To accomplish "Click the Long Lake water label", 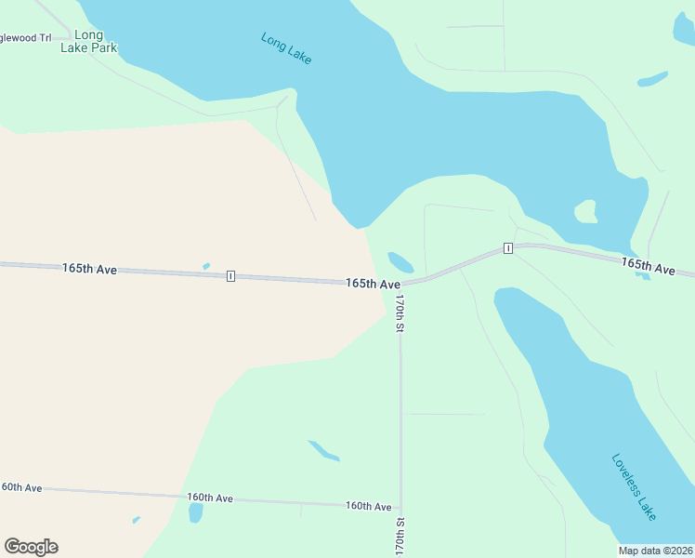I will pyautogui.click(x=286, y=49).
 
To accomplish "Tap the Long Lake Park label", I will pyautogui.click(x=88, y=42).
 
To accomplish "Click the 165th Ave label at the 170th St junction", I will pyautogui.click(x=373, y=283).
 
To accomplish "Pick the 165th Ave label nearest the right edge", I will pyautogui.click(x=648, y=267).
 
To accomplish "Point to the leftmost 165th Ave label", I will pyautogui.click(x=89, y=269).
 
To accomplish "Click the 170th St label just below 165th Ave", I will pyautogui.click(x=400, y=314).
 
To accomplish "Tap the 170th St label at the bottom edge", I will pyautogui.click(x=400, y=537).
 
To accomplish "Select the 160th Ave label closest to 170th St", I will pyautogui.click(x=368, y=506).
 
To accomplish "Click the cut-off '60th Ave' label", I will pyautogui.click(x=21, y=487).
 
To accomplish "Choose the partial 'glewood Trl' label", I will pyautogui.click(x=25, y=38).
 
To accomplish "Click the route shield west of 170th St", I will pyautogui.click(x=230, y=276).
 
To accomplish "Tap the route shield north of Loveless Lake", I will pyautogui.click(x=507, y=248).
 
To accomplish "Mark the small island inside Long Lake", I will pyautogui.click(x=585, y=212).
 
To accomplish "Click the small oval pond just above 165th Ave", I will pyautogui.click(x=400, y=262).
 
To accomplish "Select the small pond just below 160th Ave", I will pyautogui.click(x=195, y=513).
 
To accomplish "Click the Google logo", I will pyautogui.click(x=31, y=547).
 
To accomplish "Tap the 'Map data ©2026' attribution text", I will pyautogui.click(x=655, y=551).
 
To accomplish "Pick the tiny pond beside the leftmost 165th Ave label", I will pyautogui.click(x=206, y=267).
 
